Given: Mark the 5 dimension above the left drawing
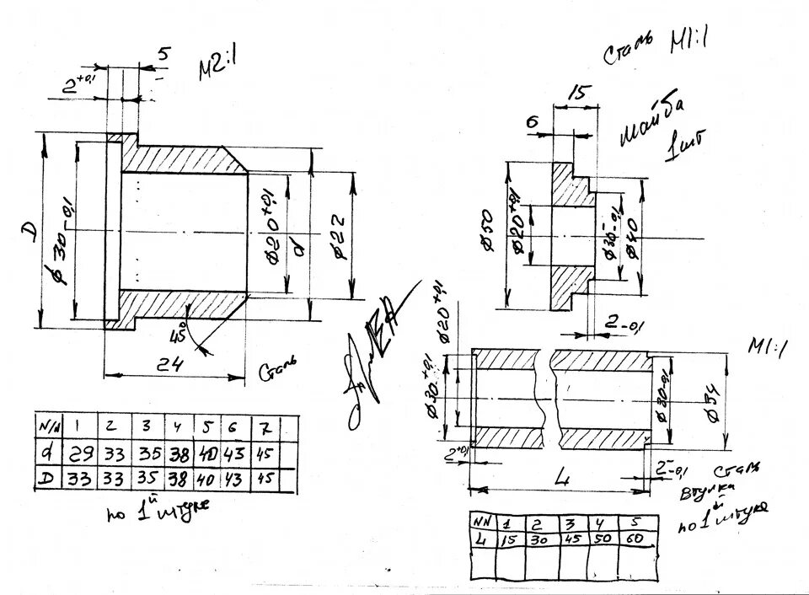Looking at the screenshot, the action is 162,54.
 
